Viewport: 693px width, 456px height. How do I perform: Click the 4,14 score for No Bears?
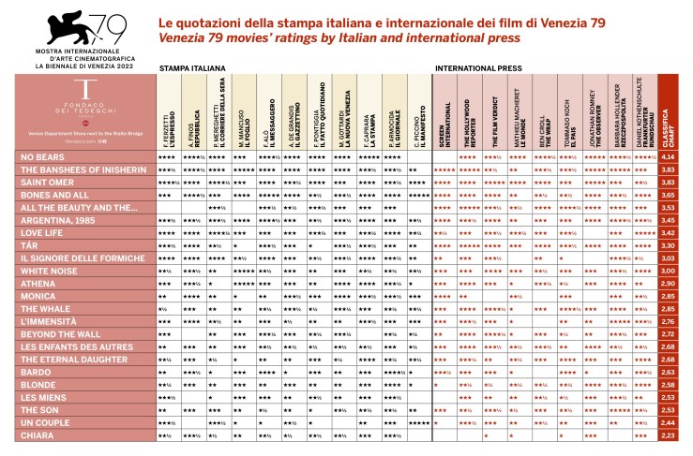[669, 156]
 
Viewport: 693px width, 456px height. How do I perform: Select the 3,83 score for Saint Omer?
[669, 182]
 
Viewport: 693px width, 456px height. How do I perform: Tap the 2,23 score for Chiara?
[669, 434]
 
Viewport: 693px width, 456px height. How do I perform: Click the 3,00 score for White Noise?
[669, 270]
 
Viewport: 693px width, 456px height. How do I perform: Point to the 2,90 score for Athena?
[669, 283]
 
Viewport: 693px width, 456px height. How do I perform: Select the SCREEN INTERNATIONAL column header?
[445, 117]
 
